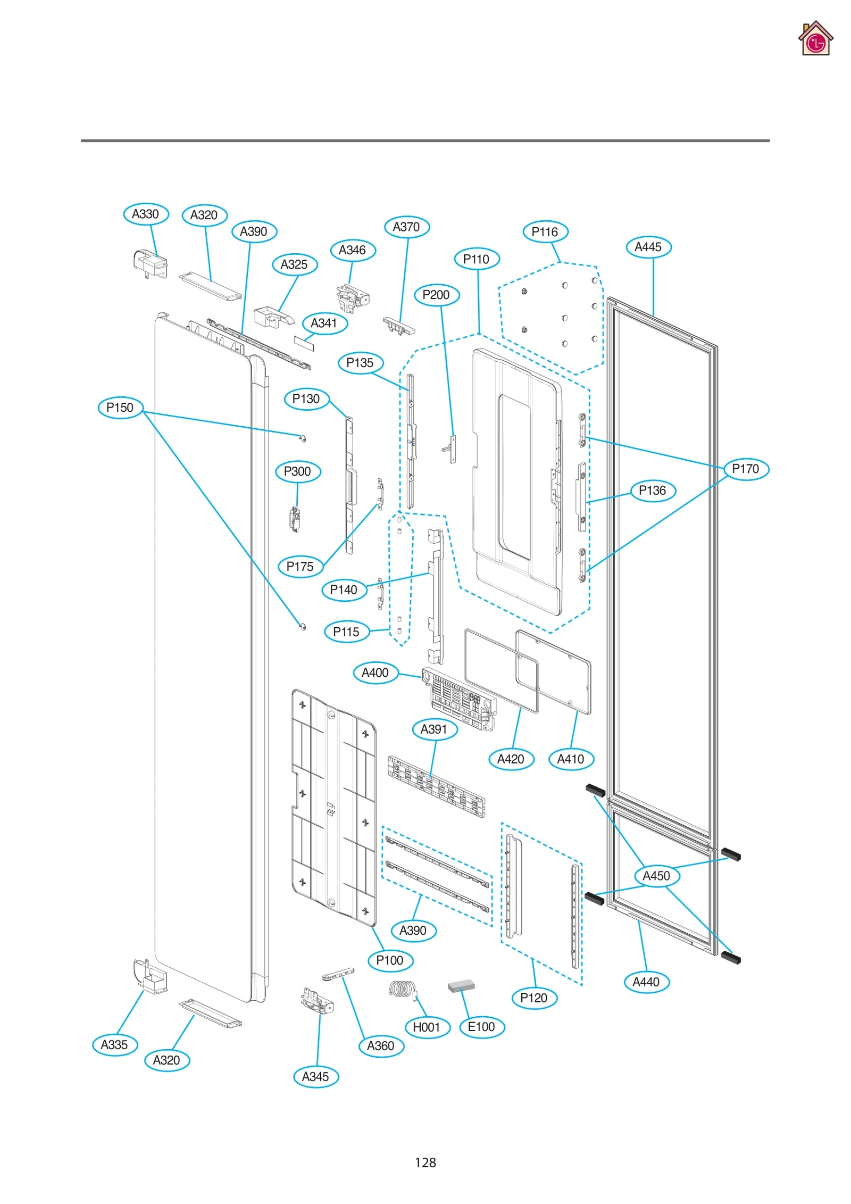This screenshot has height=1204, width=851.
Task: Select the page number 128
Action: pyautogui.click(x=425, y=1163)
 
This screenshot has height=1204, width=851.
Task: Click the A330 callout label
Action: pyautogui.click(x=146, y=214)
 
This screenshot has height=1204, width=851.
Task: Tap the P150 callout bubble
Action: pyautogui.click(x=120, y=408)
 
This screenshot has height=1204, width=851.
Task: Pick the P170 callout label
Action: pyautogui.click(x=746, y=469)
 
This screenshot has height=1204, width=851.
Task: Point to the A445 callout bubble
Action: pyautogui.click(x=648, y=247)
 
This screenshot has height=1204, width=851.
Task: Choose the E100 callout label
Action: pyautogui.click(x=481, y=1027)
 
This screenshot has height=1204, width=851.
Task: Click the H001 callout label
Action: pyautogui.click(x=427, y=1027)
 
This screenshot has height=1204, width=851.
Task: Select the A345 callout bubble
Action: pyautogui.click(x=316, y=1077)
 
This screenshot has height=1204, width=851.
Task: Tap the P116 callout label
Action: pyautogui.click(x=545, y=232)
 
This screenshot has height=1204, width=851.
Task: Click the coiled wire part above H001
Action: pyautogui.click(x=403, y=990)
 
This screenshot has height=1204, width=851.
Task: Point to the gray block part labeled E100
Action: pyautogui.click(x=461, y=986)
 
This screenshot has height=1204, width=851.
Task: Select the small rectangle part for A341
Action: pyautogui.click(x=304, y=344)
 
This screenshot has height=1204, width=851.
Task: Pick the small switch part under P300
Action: pyautogui.click(x=295, y=519)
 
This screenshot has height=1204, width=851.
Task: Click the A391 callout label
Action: pyautogui.click(x=435, y=729)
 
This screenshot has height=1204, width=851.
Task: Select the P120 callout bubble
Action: pyautogui.click(x=534, y=998)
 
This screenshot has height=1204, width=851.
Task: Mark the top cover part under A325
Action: pyautogui.click(x=272, y=316)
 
